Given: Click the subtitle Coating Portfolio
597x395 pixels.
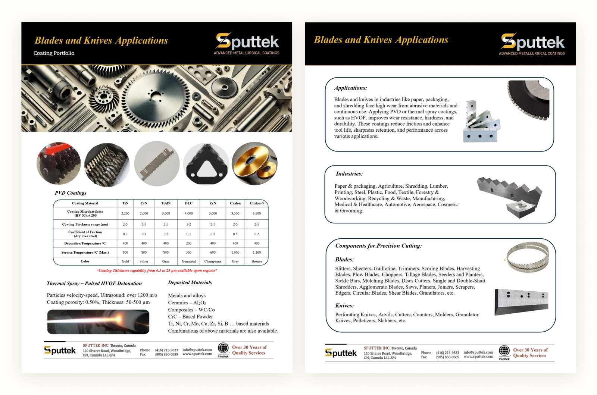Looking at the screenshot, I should coord(54,53).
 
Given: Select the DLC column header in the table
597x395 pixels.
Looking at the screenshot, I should coord(188,203).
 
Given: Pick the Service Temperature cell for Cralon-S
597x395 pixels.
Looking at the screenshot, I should coord(256,253).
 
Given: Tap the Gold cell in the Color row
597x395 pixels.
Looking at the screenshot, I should coord(125,261).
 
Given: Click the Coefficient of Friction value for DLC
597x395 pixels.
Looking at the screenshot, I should coord(188,234).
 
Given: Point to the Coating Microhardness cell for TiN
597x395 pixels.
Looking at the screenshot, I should coord(125,213).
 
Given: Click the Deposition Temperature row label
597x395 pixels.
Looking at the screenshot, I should coord(85,243).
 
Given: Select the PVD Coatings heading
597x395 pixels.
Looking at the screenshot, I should coord(71,193).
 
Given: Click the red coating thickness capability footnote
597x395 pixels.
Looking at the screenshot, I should coord(157,270).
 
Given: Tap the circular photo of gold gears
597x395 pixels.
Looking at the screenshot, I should coord(254,163).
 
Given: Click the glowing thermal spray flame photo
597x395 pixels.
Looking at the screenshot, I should coord(98,322).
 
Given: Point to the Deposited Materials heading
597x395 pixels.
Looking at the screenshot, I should coord(190,282).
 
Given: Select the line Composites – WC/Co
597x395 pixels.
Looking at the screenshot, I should coord(191,310).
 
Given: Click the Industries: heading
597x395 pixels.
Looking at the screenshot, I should coord(349,174).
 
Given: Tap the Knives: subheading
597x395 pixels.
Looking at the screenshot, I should coord(344,305).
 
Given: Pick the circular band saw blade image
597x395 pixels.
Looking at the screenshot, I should coord(527,257).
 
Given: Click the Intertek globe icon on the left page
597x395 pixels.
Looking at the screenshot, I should coord(223,348).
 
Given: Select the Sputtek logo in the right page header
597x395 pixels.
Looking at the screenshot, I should coord(532,44).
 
